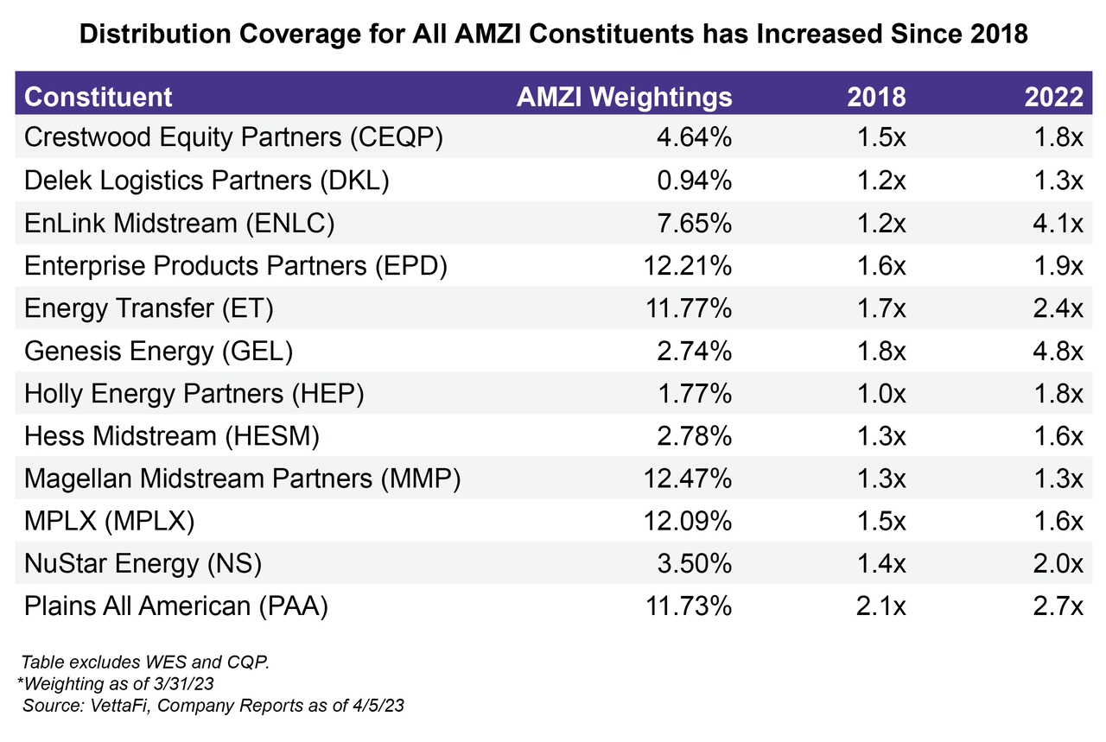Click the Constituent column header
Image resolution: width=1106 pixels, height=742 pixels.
99,96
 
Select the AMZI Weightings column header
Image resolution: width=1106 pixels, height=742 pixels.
624,96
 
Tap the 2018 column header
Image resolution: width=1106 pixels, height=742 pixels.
876,96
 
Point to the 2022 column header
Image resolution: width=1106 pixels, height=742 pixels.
1053,96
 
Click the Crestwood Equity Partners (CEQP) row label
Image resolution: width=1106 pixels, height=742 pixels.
233,138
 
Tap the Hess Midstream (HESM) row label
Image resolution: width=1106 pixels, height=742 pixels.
172,436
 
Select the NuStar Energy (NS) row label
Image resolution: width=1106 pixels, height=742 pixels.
143,564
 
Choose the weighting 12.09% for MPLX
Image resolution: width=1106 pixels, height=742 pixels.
687,522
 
